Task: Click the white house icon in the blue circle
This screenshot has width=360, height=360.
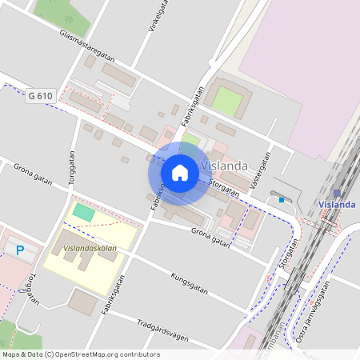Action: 180,173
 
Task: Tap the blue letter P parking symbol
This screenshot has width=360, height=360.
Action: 20,250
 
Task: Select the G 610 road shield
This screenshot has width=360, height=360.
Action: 40,96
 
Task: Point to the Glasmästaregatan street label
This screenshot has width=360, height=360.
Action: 87,47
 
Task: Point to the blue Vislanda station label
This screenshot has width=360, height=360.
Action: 337,205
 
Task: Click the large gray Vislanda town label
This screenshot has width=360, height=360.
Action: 224,166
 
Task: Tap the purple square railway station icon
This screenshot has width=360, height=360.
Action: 337,193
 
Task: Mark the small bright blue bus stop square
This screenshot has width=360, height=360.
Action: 282,199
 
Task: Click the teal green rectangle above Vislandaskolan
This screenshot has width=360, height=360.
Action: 83,212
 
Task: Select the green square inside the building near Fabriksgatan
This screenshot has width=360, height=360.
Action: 228,101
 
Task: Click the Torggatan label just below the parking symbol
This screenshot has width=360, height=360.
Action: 31,289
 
